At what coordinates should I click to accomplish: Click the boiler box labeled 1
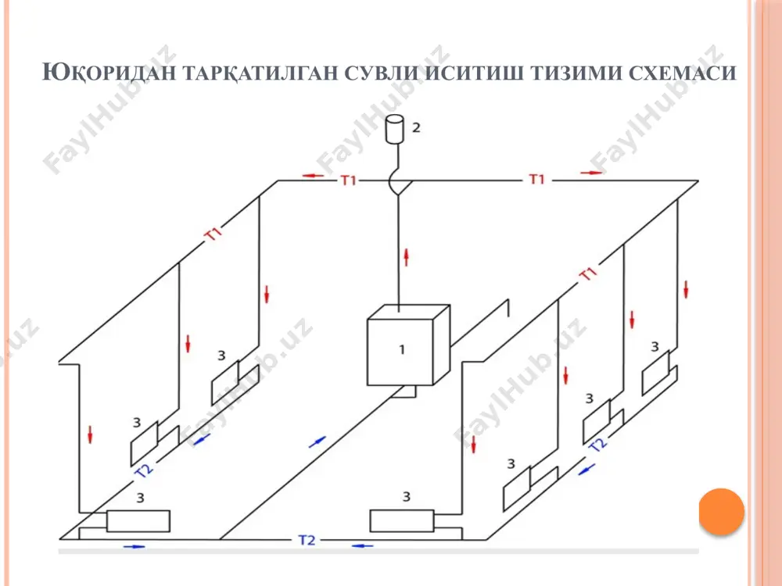coord(408,345)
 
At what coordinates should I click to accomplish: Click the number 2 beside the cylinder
coord(417,127)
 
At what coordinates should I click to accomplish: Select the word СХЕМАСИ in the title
coord(682,73)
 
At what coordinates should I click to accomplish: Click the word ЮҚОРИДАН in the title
coord(109,73)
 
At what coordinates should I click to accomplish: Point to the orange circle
coord(721,512)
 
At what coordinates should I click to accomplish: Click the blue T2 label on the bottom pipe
coord(307,540)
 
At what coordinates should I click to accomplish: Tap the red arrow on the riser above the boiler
coord(407,257)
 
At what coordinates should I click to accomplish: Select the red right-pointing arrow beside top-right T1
coord(591,173)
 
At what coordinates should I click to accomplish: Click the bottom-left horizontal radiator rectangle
coord(138,520)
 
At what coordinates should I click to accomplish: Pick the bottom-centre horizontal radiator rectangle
coord(402,520)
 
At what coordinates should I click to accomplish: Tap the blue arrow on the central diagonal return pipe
coord(317,442)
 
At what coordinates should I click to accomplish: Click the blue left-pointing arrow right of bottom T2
coord(363,546)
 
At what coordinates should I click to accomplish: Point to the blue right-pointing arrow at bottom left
coord(135,547)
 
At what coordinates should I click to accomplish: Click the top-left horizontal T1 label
coord(349,180)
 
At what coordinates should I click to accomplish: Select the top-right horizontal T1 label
coord(536,179)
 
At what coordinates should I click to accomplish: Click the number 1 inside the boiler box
coord(402,350)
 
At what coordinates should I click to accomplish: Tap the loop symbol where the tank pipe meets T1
coord(398,184)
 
